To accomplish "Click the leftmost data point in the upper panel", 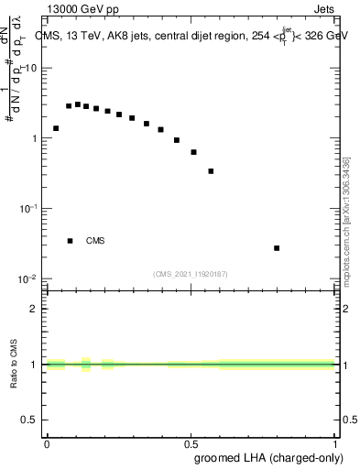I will click(x=56, y=128).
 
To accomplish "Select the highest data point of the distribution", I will click(x=78, y=104).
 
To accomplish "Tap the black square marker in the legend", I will click(x=70, y=241).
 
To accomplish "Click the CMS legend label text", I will click(x=95, y=241).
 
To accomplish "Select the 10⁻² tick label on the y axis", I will click(x=27, y=278).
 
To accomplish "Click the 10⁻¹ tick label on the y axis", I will click(x=27, y=209).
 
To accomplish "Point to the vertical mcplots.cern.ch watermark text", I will click(x=347, y=220).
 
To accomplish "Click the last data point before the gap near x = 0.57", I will click(x=211, y=171).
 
